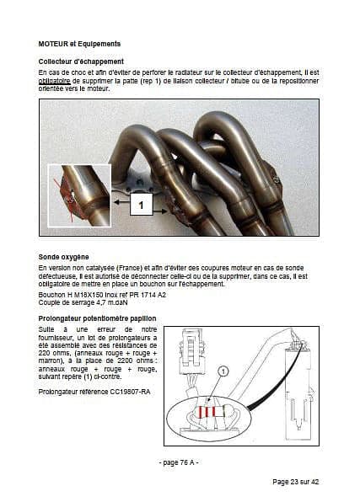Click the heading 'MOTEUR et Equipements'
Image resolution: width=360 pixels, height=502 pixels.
click(79, 44)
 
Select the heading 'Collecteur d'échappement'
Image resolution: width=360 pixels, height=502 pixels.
click(81, 61)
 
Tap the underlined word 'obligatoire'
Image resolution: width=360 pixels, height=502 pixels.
click(54, 81)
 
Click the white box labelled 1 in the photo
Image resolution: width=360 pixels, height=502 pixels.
click(141, 205)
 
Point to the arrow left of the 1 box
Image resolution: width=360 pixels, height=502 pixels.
click(121, 202)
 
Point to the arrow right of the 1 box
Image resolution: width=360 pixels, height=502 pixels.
click(160, 211)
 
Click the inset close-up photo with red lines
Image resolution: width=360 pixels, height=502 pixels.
click(79, 195)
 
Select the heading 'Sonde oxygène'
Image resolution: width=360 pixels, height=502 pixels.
click(63, 257)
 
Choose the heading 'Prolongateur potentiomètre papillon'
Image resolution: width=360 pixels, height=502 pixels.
click(97, 318)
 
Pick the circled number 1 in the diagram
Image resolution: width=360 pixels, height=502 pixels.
click(223, 371)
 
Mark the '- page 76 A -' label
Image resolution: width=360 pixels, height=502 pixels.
click(179, 462)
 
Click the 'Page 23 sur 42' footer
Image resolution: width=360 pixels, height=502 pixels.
click(296, 482)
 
